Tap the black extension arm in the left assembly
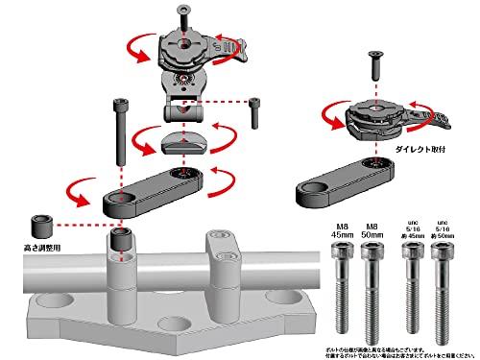click(154, 188)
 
